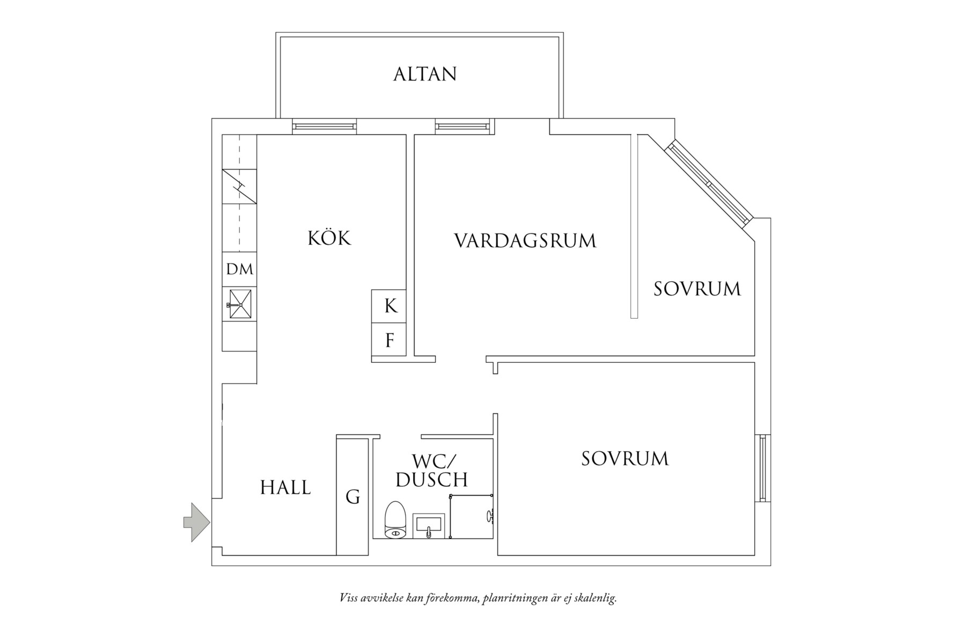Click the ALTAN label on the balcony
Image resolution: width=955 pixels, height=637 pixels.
tap(425, 74)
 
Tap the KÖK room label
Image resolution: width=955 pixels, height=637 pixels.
tap(329, 238)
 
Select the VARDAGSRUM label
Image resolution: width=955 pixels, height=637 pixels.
tap(525, 240)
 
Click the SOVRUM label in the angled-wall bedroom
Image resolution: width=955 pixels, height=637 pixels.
tap(697, 289)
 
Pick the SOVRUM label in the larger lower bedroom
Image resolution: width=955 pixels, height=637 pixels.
tap(625, 459)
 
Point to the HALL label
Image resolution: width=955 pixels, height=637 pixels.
tap(285, 488)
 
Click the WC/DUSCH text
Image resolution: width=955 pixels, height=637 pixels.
tap(432, 470)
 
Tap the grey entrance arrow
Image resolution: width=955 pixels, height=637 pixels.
tap(196, 522)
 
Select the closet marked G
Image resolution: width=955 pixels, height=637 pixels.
tap(352, 497)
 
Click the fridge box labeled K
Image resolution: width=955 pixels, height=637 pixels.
tap(390, 306)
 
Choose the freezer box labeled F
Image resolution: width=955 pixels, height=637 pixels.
tap(390, 340)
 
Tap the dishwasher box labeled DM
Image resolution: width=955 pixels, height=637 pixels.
tap(239, 269)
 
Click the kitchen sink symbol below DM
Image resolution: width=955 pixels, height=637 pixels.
tap(240, 304)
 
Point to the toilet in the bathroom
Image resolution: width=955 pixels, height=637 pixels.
tap(395, 519)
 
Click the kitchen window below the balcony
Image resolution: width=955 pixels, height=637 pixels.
tap(324, 126)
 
